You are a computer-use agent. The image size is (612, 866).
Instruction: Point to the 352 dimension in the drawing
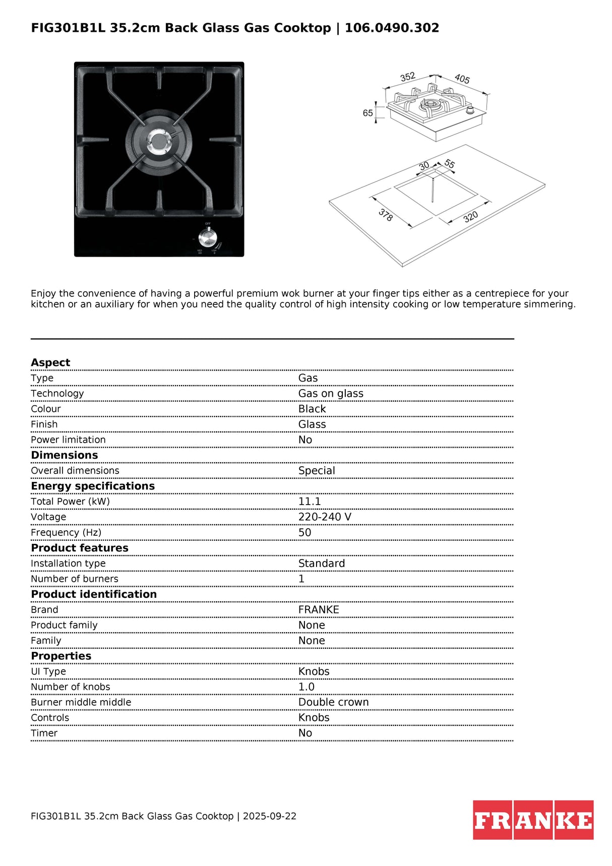[407, 77]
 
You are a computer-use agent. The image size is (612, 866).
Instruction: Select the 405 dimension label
[462, 79]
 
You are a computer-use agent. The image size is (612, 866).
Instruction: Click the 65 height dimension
[368, 113]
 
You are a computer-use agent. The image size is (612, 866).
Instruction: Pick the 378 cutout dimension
[386, 215]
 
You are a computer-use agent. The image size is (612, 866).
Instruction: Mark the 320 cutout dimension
[470, 217]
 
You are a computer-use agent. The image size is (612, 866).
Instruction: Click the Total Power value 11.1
[310, 502]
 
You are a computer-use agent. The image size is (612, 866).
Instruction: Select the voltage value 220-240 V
[325, 517]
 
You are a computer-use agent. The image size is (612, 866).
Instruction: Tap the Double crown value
[333, 702]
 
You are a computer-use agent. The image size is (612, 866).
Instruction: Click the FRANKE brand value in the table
[319, 609]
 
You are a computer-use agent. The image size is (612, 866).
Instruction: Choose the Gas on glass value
[331, 394]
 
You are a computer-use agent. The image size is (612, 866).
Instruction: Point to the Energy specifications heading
[93, 486]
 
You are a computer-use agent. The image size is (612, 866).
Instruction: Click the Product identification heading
[94, 594]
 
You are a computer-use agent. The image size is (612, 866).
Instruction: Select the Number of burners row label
[75, 579]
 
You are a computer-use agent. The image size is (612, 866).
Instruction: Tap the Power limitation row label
[68, 440]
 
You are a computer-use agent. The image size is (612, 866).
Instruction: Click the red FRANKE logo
[533, 820]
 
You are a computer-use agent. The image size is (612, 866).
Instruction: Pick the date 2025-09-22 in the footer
[270, 816]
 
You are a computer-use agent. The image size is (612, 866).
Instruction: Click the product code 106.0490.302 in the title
[392, 28]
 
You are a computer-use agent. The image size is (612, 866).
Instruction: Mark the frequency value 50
[304, 532]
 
